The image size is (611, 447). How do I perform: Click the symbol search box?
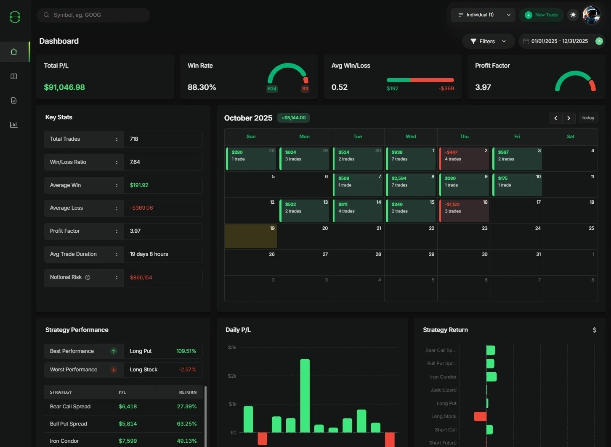(93, 15)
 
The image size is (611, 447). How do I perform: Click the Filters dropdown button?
(488, 41)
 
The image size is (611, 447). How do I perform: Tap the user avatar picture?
(591, 15)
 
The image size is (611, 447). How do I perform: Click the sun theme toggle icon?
(573, 15)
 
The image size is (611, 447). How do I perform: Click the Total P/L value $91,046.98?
(64, 87)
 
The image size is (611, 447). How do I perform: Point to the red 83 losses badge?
(305, 89)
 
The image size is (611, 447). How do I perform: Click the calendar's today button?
(588, 118)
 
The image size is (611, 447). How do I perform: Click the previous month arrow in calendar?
(555, 118)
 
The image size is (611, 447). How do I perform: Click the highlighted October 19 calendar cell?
(251, 237)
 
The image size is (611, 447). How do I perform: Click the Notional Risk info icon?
(88, 277)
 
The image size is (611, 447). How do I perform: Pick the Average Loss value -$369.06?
(141, 208)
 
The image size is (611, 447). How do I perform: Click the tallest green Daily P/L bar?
(305, 395)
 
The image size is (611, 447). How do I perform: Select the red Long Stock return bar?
(480, 416)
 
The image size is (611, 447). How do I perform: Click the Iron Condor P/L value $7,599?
(128, 441)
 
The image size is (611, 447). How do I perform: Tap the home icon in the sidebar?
(14, 52)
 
